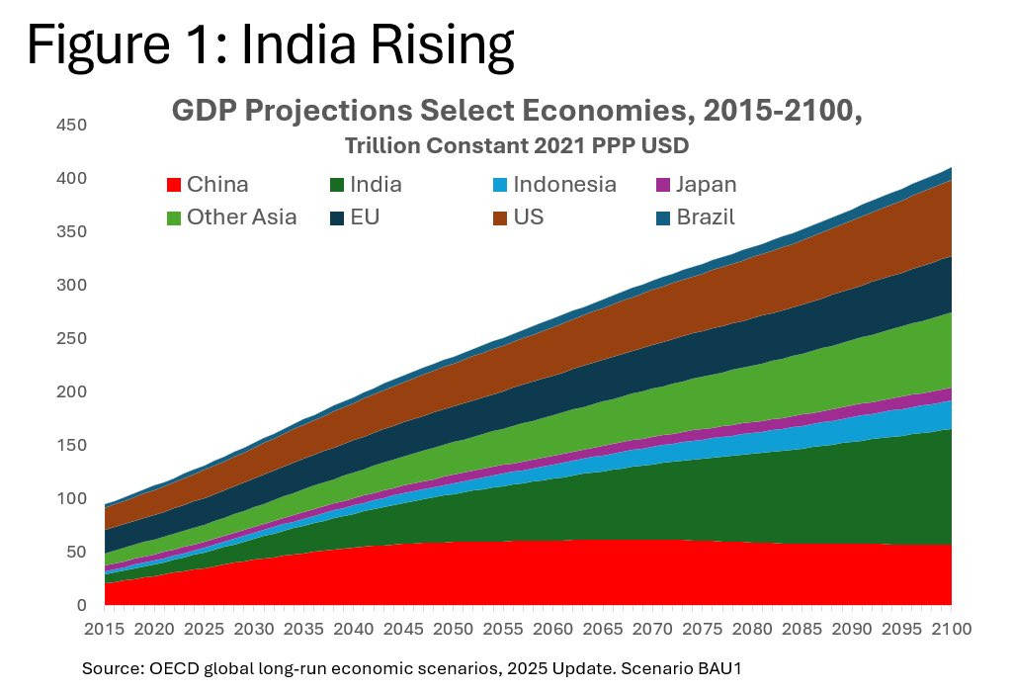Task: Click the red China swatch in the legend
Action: (174, 185)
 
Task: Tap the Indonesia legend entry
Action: (567, 185)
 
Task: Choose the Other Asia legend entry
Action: (242, 217)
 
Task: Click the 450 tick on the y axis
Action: (70, 126)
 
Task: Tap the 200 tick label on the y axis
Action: (70, 391)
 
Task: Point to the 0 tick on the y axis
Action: (82, 605)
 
